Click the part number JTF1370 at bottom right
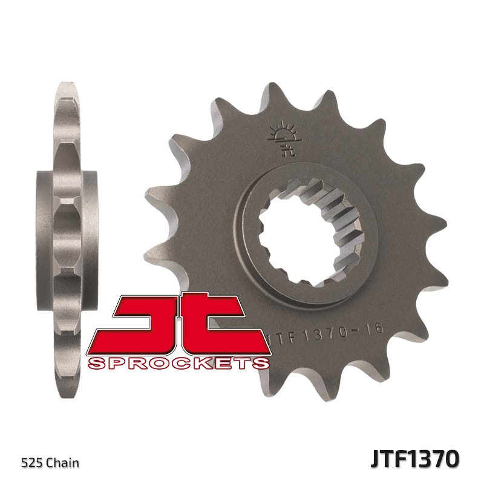tap(416, 458)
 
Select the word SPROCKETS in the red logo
tap(178, 363)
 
